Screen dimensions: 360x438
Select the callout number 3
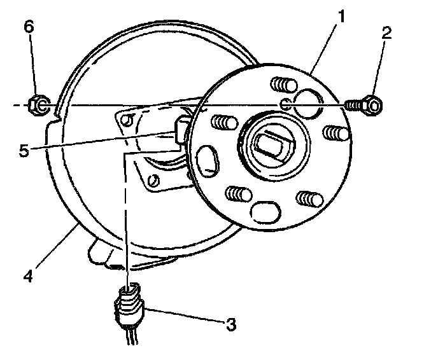tap(230, 325)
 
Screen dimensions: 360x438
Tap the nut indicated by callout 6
tap(38, 104)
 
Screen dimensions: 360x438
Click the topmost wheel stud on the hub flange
tap(279, 85)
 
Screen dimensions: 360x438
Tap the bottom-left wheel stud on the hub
tap(237, 193)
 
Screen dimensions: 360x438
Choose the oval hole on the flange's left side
tap(208, 160)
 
